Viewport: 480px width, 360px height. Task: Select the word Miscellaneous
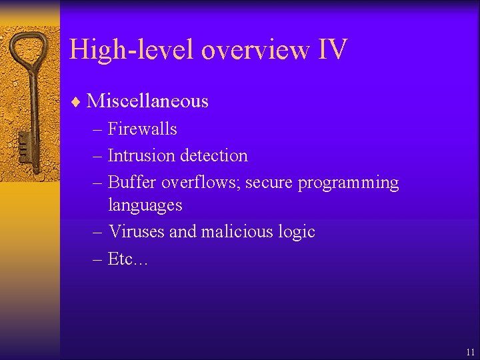[x=147, y=101]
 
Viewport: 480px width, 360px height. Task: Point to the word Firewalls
[x=142, y=129]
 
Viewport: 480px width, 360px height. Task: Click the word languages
[x=145, y=205]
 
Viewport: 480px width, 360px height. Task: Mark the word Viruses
[x=136, y=232]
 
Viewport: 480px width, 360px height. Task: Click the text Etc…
[x=128, y=259]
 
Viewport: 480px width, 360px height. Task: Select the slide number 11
[x=471, y=351]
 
